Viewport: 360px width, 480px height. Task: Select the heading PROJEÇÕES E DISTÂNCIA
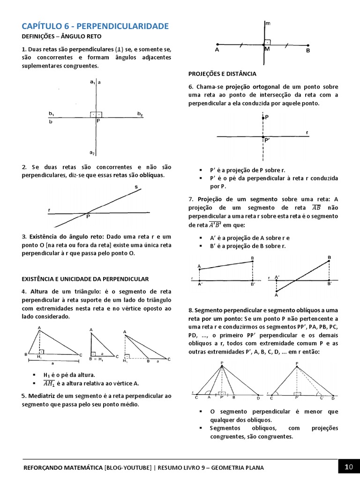click(x=222, y=74)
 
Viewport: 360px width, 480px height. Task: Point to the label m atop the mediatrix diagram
click(x=267, y=22)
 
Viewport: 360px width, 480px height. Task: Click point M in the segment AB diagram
click(x=267, y=49)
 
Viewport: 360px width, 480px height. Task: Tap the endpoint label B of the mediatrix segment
click(x=308, y=50)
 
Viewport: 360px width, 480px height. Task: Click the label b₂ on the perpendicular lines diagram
click(x=140, y=114)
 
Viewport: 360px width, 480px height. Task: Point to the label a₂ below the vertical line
click(x=92, y=153)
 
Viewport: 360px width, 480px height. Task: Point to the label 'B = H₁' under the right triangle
click(x=96, y=360)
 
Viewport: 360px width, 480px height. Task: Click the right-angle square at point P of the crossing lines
click(x=97, y=114)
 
